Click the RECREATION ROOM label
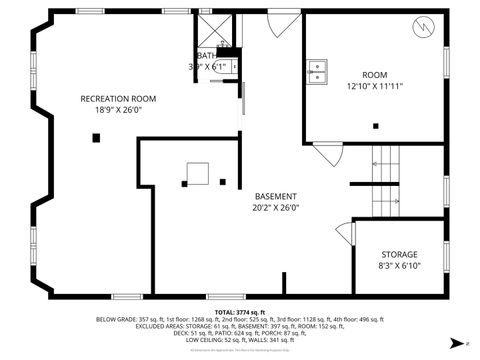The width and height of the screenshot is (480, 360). [119, 98]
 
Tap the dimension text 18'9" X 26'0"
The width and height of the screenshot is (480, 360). [119, 110]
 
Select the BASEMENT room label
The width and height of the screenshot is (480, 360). [276, 196]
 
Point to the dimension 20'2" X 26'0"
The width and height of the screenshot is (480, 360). [276, 208]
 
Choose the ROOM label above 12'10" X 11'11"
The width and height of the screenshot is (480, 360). [374, 74]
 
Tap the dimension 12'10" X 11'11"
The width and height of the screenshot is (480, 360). [374, 86]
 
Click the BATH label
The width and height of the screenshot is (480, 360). [207, 56]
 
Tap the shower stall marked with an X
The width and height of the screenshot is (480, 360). [212, 27]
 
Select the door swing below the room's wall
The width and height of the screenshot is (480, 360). [329, 153]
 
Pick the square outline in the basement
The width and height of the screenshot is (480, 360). [195, 174]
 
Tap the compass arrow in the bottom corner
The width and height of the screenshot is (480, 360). [457, 343]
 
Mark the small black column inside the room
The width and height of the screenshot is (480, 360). [376, 125]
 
